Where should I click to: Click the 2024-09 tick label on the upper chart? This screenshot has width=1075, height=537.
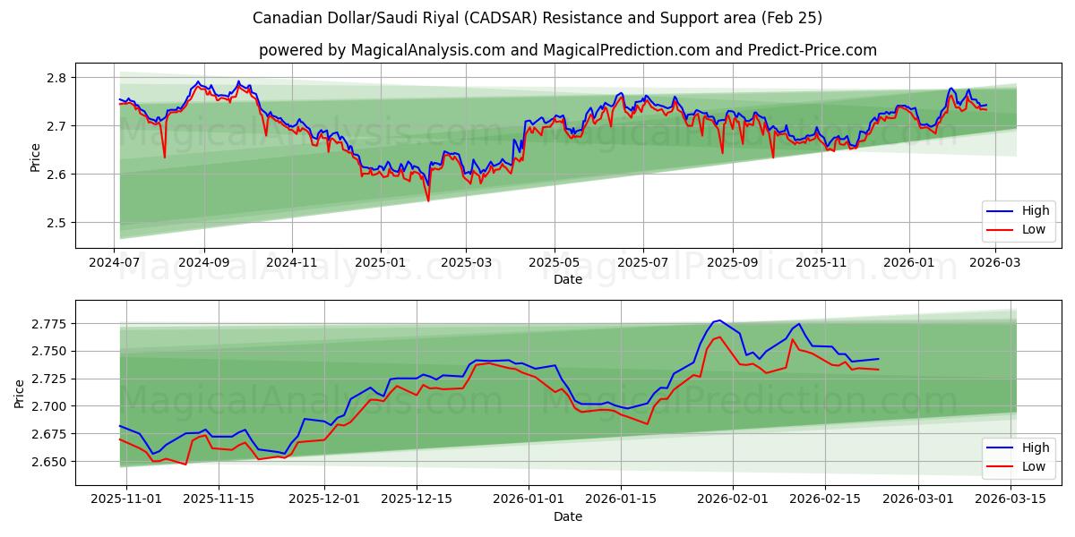(203, 262)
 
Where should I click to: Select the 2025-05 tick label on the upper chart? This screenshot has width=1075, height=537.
(554, 262)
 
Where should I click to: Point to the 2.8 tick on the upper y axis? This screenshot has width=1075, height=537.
(56, 78)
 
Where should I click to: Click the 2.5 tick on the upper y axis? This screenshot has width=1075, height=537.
(56, 223)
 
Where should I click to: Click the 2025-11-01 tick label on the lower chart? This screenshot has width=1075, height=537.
(126, 499)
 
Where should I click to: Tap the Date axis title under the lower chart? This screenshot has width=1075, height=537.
(567, 516)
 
